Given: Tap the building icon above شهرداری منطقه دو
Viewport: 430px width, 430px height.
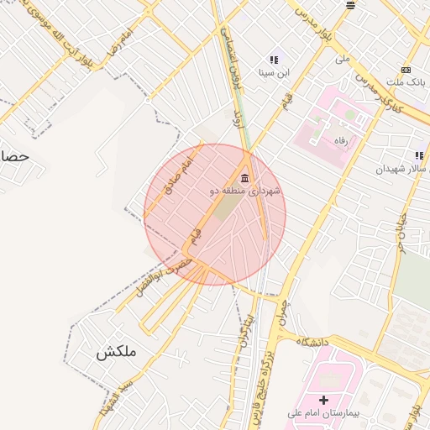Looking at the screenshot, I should click(244, 178).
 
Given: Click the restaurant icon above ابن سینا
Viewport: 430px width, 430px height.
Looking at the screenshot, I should click(273, 60).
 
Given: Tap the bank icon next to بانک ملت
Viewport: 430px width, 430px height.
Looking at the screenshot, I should click(406, 70).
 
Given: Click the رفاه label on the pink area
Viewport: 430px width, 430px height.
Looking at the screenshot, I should click(341, 140).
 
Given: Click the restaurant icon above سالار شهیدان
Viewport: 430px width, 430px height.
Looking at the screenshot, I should click(418, 156).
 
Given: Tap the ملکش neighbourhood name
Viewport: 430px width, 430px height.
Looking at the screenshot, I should click(115, 353).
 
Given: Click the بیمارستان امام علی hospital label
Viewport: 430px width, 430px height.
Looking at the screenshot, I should click(323, 412).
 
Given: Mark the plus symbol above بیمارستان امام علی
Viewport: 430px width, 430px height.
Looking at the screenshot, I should click(323, 399).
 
